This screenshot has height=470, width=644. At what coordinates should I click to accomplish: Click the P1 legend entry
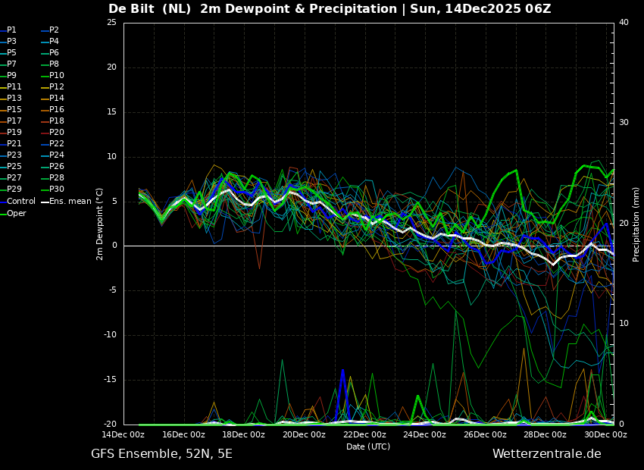click(x=11, y=30)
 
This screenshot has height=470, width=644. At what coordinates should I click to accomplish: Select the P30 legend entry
click(x=57, y=189)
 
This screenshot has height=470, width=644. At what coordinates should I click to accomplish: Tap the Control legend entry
click(x=20, y=201)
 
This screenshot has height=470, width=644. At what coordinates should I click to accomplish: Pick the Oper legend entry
click(x=17, y=213)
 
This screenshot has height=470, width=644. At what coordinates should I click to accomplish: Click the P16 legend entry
click(x=57, y=109)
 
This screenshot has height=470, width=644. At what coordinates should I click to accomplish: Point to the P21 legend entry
click(x=14, y=143)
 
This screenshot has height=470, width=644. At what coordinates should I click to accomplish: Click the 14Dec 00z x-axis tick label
click(x=123, y=434)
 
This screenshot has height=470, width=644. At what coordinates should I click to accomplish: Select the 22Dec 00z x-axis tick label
click(x=364, y=434)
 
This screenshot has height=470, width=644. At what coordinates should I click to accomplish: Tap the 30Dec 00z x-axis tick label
click(x=605, y=434)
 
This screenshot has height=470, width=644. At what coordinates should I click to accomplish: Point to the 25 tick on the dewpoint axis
click(x=111, y=23)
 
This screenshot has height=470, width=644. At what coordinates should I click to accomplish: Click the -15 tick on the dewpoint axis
click(x=110, y=380)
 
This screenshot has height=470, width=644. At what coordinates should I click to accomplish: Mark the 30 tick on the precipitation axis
click(x=624, y=123)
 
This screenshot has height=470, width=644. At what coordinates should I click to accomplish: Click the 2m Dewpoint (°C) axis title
click(x=100, y=224)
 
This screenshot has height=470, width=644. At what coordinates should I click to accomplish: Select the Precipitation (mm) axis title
click(x=636, y=224)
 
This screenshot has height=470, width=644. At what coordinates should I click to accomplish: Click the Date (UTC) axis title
click(x=368, y=446)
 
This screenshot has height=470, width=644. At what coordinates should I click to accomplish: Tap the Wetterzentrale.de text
click(x=546, y=454)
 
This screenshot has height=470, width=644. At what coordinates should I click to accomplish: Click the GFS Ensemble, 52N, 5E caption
click(x=161, y=454)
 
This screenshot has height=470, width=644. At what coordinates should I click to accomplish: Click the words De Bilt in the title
click(x=133, y=9)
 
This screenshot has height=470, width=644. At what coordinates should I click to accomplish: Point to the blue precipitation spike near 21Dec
click(x=342, y=371)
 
